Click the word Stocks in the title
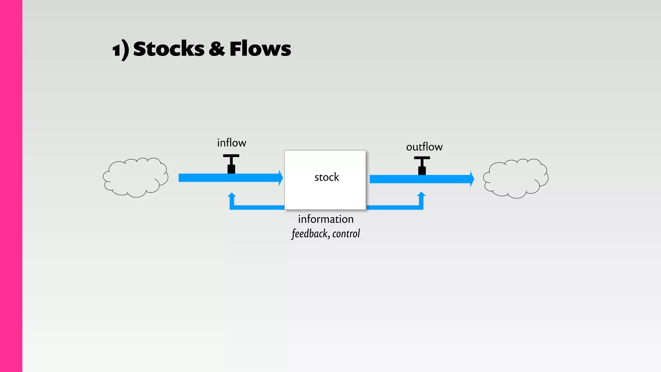(168, 49)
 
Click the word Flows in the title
(260, 49)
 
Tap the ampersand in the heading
(217, 49)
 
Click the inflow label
(231, 143)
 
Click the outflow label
(424, 147)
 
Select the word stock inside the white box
(327, 177)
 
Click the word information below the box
(326, 219)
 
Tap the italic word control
(346, 233)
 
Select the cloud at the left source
(136, 178)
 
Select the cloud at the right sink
(515, 178)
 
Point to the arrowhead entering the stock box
(280, 178)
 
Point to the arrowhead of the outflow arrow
(472, 179)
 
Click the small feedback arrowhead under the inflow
(232, 195)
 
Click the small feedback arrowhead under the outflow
(421, 194)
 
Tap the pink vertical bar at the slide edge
(11, 186)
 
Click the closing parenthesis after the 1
(125, 50)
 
